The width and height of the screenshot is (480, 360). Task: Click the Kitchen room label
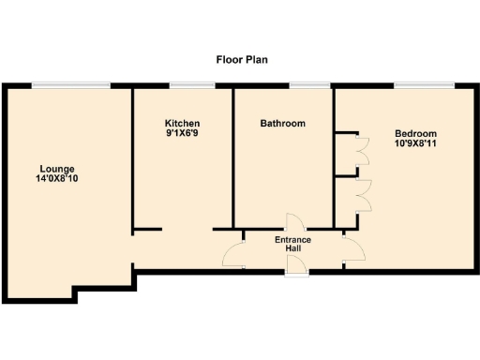coord(182,124)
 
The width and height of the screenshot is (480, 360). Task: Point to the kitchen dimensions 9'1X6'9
coord(182,135)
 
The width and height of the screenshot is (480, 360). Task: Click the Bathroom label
coord(283,124)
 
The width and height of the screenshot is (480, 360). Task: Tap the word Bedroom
coord(415,133)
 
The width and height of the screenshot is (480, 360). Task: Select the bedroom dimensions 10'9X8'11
coord(415,144)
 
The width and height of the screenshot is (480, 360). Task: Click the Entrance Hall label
coord(292,245)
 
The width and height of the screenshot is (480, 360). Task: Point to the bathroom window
coord(302,87)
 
